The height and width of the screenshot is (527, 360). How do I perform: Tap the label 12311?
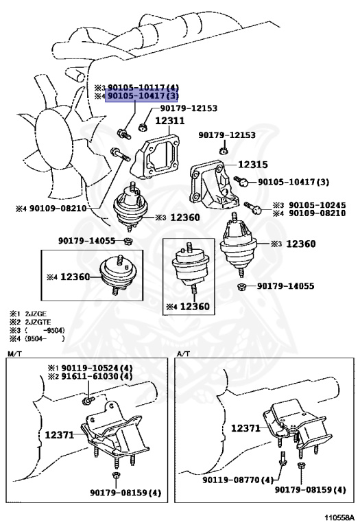click(169, 121)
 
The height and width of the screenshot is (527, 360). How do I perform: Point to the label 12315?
click(253, 165)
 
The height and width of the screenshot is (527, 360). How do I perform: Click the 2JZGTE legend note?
click(32, 322)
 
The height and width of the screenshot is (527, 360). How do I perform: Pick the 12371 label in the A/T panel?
click(245, 428)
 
